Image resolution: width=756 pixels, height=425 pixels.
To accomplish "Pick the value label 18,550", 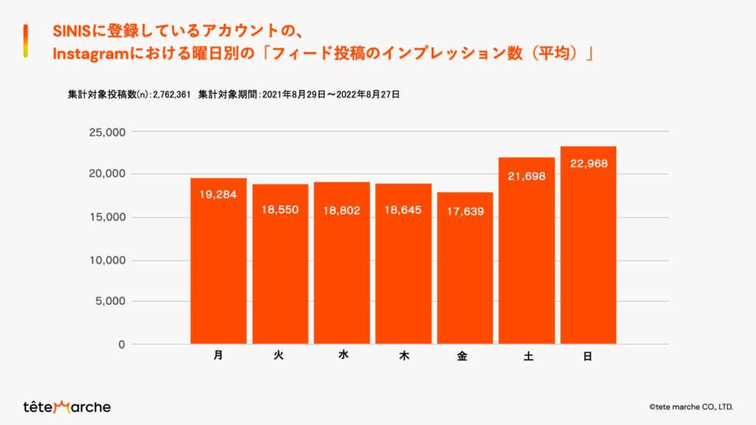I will [280, 210].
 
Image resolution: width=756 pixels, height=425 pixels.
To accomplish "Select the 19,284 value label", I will [219, 196].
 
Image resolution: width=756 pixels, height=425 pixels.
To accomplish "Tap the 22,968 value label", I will [588, 163].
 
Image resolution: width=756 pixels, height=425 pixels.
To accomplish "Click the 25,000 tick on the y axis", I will [109, 132].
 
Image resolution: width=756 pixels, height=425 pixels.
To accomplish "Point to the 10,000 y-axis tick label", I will [109, 260].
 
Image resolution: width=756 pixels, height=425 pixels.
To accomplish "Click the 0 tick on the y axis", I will [122, 345].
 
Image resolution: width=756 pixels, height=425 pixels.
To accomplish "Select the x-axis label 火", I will [279, 356].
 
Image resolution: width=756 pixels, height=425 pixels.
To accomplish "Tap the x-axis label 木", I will [404, 356].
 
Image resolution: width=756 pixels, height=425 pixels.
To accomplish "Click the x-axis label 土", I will [527, 356].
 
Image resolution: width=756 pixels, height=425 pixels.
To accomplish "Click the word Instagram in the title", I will [89, 55].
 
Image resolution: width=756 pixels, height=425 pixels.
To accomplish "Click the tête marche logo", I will [66, 407].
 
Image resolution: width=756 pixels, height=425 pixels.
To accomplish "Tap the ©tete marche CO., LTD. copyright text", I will [690, 407].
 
